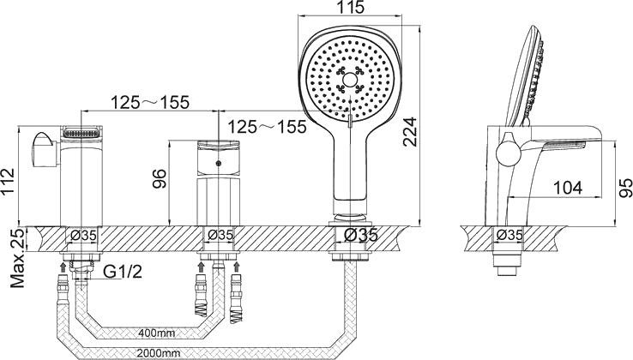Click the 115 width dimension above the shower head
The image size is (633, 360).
[350, 7]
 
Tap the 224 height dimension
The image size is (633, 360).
[410, 131]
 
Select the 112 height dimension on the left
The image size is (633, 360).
[7, 182]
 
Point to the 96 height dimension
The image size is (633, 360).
[159, 179]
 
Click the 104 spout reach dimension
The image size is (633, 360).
[568, 188]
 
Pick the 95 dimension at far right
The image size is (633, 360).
[625, 188]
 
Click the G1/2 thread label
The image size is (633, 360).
[123, 272]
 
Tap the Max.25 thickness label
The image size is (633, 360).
[17, 258]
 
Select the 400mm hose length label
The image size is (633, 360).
[157, 333]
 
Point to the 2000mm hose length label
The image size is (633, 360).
[158, 353]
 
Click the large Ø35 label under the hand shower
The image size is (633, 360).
[361, 235]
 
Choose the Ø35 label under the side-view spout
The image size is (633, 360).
[509, 235]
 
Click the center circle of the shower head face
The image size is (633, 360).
[348, 80]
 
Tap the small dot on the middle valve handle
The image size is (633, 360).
[219, 164]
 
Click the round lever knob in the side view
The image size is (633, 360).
[509, 154]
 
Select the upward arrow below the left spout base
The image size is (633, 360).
[63, 267]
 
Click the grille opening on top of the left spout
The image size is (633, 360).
[81, 132]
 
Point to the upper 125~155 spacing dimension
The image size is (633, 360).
[150, 102]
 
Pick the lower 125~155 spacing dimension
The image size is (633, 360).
[268, 127]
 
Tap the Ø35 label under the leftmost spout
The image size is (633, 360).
[83, 235]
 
